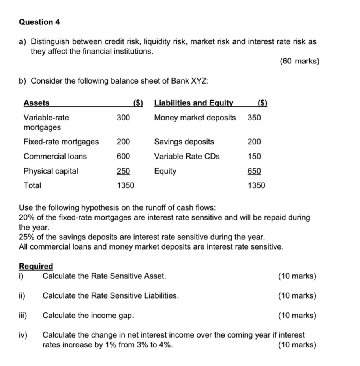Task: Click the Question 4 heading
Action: (39, 22)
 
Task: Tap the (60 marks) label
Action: (299, 62)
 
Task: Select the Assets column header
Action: (37, 103)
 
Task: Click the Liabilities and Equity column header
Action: (193, 103)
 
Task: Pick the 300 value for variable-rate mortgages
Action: (123, 118)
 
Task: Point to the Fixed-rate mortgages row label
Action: (61, 142)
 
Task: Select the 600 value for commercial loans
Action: (123, 156)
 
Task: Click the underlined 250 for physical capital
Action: (123, 171)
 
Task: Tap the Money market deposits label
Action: (195, 118)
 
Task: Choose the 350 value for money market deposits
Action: (254, 118)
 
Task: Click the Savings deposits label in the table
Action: (184, 142)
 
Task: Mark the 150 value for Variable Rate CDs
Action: (254, 156)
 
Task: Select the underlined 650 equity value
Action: (254, 171)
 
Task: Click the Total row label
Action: (32, 185)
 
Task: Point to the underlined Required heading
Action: (36, 267)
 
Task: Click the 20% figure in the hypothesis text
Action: (26, 217)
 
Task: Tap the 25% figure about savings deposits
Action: (26, 237)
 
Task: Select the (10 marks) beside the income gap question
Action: (297, 316)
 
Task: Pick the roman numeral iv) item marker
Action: (23, 335)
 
